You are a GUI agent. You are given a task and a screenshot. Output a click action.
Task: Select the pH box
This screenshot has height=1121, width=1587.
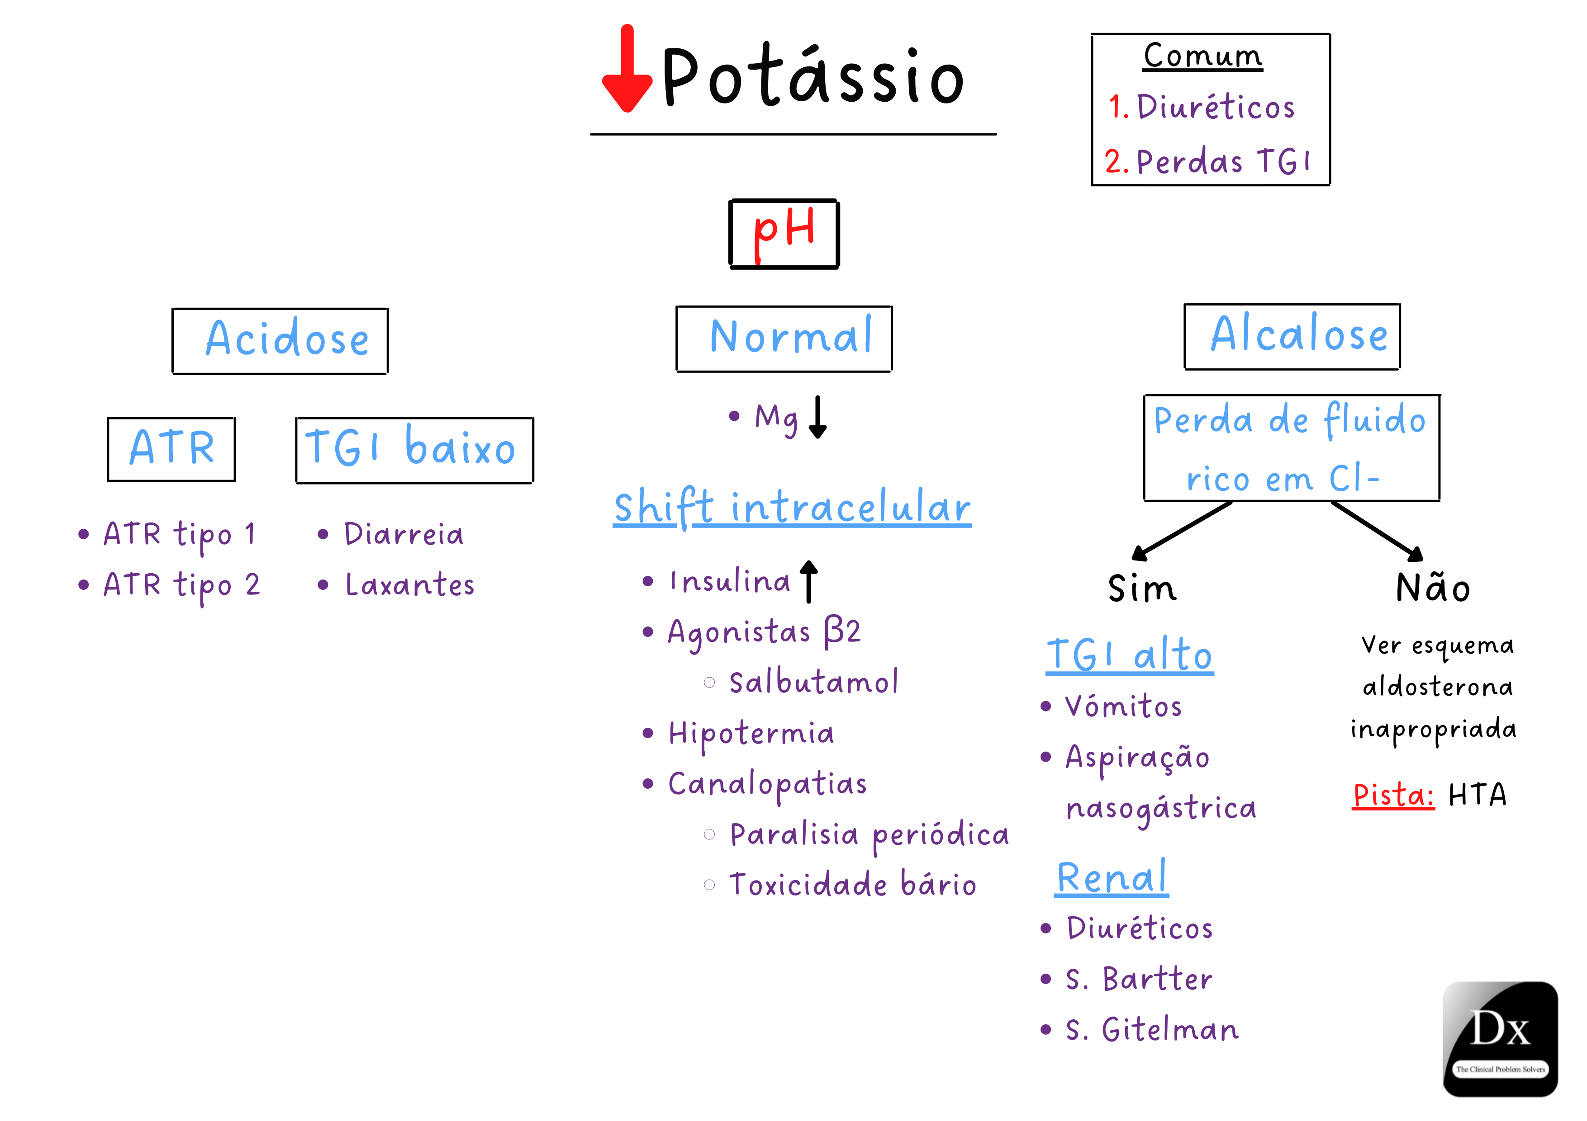coord(784,233)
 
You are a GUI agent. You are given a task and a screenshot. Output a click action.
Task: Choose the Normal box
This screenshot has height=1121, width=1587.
coord(784,339)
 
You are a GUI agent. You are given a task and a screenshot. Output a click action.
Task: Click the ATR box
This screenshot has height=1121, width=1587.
coord(171,448)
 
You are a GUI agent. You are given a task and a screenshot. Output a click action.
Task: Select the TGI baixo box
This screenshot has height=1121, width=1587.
coord(414,450)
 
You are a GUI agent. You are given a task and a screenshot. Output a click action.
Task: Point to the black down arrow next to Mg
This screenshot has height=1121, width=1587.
coord(817,417)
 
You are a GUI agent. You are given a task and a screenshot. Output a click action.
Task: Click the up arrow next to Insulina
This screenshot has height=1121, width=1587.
coord(809,581)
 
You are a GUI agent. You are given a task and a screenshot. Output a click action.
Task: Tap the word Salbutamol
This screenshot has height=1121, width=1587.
coord(813,683)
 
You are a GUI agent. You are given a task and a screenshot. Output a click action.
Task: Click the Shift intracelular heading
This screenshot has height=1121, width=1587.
coord(792,508)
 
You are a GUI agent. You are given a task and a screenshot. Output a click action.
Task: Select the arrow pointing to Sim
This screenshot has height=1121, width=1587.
coord(1181,531)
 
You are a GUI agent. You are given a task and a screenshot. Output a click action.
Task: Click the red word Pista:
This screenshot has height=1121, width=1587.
coord(1393,795)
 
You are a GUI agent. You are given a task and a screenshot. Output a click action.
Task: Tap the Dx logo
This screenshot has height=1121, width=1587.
coord(1500,1038)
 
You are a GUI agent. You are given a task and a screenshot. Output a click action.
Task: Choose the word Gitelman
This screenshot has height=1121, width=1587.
coord(1169,1030)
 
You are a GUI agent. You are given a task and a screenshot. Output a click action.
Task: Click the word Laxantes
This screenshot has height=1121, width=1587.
coord(409,585)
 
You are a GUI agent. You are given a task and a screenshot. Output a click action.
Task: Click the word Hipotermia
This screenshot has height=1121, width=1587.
coord(751,734)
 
